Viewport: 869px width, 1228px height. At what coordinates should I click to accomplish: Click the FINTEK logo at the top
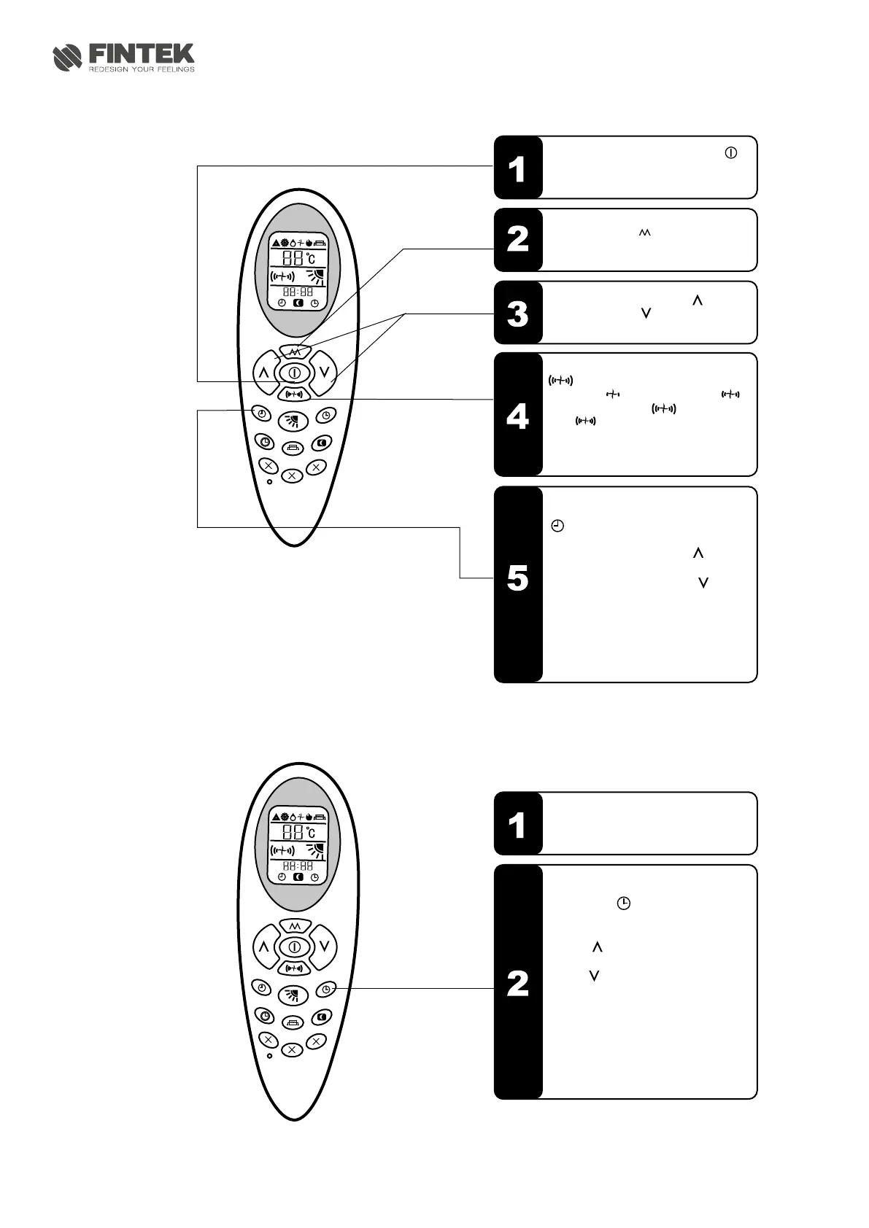click(x=123, y=58)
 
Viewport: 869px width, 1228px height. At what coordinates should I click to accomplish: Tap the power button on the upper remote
click(x=294, y=373)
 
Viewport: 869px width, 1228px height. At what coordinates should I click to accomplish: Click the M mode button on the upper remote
click(x=294, y=351)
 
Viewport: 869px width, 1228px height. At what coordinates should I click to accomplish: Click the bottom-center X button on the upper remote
click(x=293, y=475)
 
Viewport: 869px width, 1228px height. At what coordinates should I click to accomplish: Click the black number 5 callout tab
click(x=517, y=583)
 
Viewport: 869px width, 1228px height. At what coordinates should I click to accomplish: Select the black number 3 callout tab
click(x=517, y=313)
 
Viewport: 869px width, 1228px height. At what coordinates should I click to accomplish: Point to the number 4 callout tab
click(x=517, y=414)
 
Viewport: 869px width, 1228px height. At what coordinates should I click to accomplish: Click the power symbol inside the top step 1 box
click(x=730, y=153)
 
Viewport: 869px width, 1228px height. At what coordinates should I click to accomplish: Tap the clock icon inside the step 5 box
click(x=557, y=526)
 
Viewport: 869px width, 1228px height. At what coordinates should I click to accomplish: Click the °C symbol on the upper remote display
click(x=310, y=258)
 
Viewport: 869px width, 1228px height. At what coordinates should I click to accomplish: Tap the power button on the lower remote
click(x=294, y=947)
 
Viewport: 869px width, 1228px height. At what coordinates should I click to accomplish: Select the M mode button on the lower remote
click(x=294, y=925)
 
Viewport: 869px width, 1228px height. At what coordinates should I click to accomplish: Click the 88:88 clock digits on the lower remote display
click(x=298, y=866)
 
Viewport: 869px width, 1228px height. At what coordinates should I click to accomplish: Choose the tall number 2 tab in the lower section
click(x=517, y=982)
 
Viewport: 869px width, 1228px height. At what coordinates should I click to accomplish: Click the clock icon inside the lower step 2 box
click(x=624, y=903)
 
